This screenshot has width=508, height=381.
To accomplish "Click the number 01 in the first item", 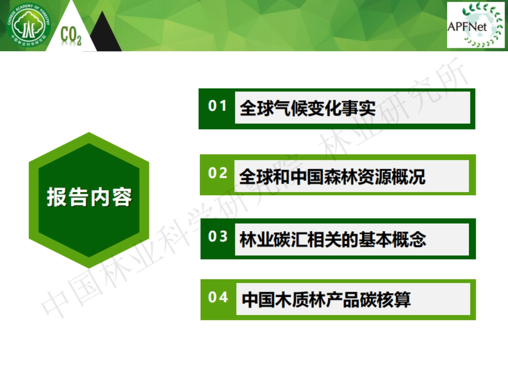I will click(x=218, y=106).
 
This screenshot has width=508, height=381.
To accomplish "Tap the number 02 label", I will click(x=218, y=173).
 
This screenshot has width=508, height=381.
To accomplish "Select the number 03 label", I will click(x=218, y=237).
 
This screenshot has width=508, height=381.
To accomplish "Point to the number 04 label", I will click(x=218, y=297).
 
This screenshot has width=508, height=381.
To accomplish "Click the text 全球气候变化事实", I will click(x=308, y=108).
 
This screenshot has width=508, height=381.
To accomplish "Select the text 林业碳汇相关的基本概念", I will click(x=333, y=240).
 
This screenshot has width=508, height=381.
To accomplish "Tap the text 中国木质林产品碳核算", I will click(x=326, y=300).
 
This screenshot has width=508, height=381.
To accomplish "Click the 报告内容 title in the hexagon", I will click(x=89, y=197).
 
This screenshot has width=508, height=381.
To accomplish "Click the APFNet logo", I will click(x=476, y=25).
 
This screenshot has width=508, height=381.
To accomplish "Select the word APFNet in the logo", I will click(x=467, y=27).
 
